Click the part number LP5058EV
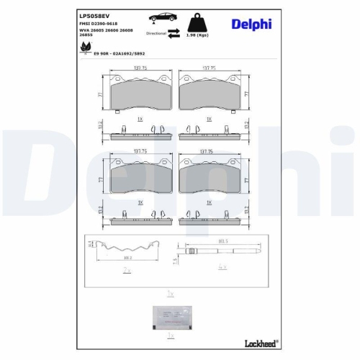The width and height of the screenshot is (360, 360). click(x=94, y=16)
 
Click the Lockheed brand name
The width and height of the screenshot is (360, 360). click(x=259, y=342)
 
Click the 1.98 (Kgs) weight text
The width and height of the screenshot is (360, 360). click(x=199, y=34)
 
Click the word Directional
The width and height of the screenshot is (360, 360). click(x=156, y=34)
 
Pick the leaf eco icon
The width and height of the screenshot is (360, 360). click(x=84, y=46)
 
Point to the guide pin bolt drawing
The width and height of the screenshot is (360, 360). click(x=216, y=251)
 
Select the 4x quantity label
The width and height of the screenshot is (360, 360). click(x=222, y=268)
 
